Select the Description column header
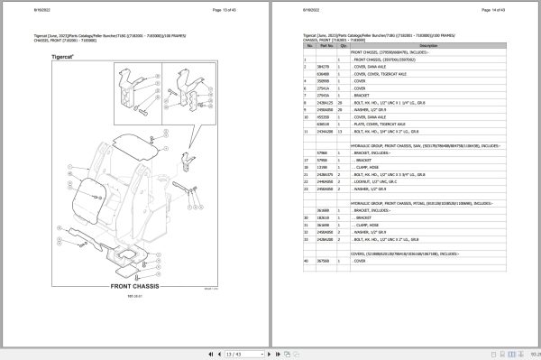tap(428, 46)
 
